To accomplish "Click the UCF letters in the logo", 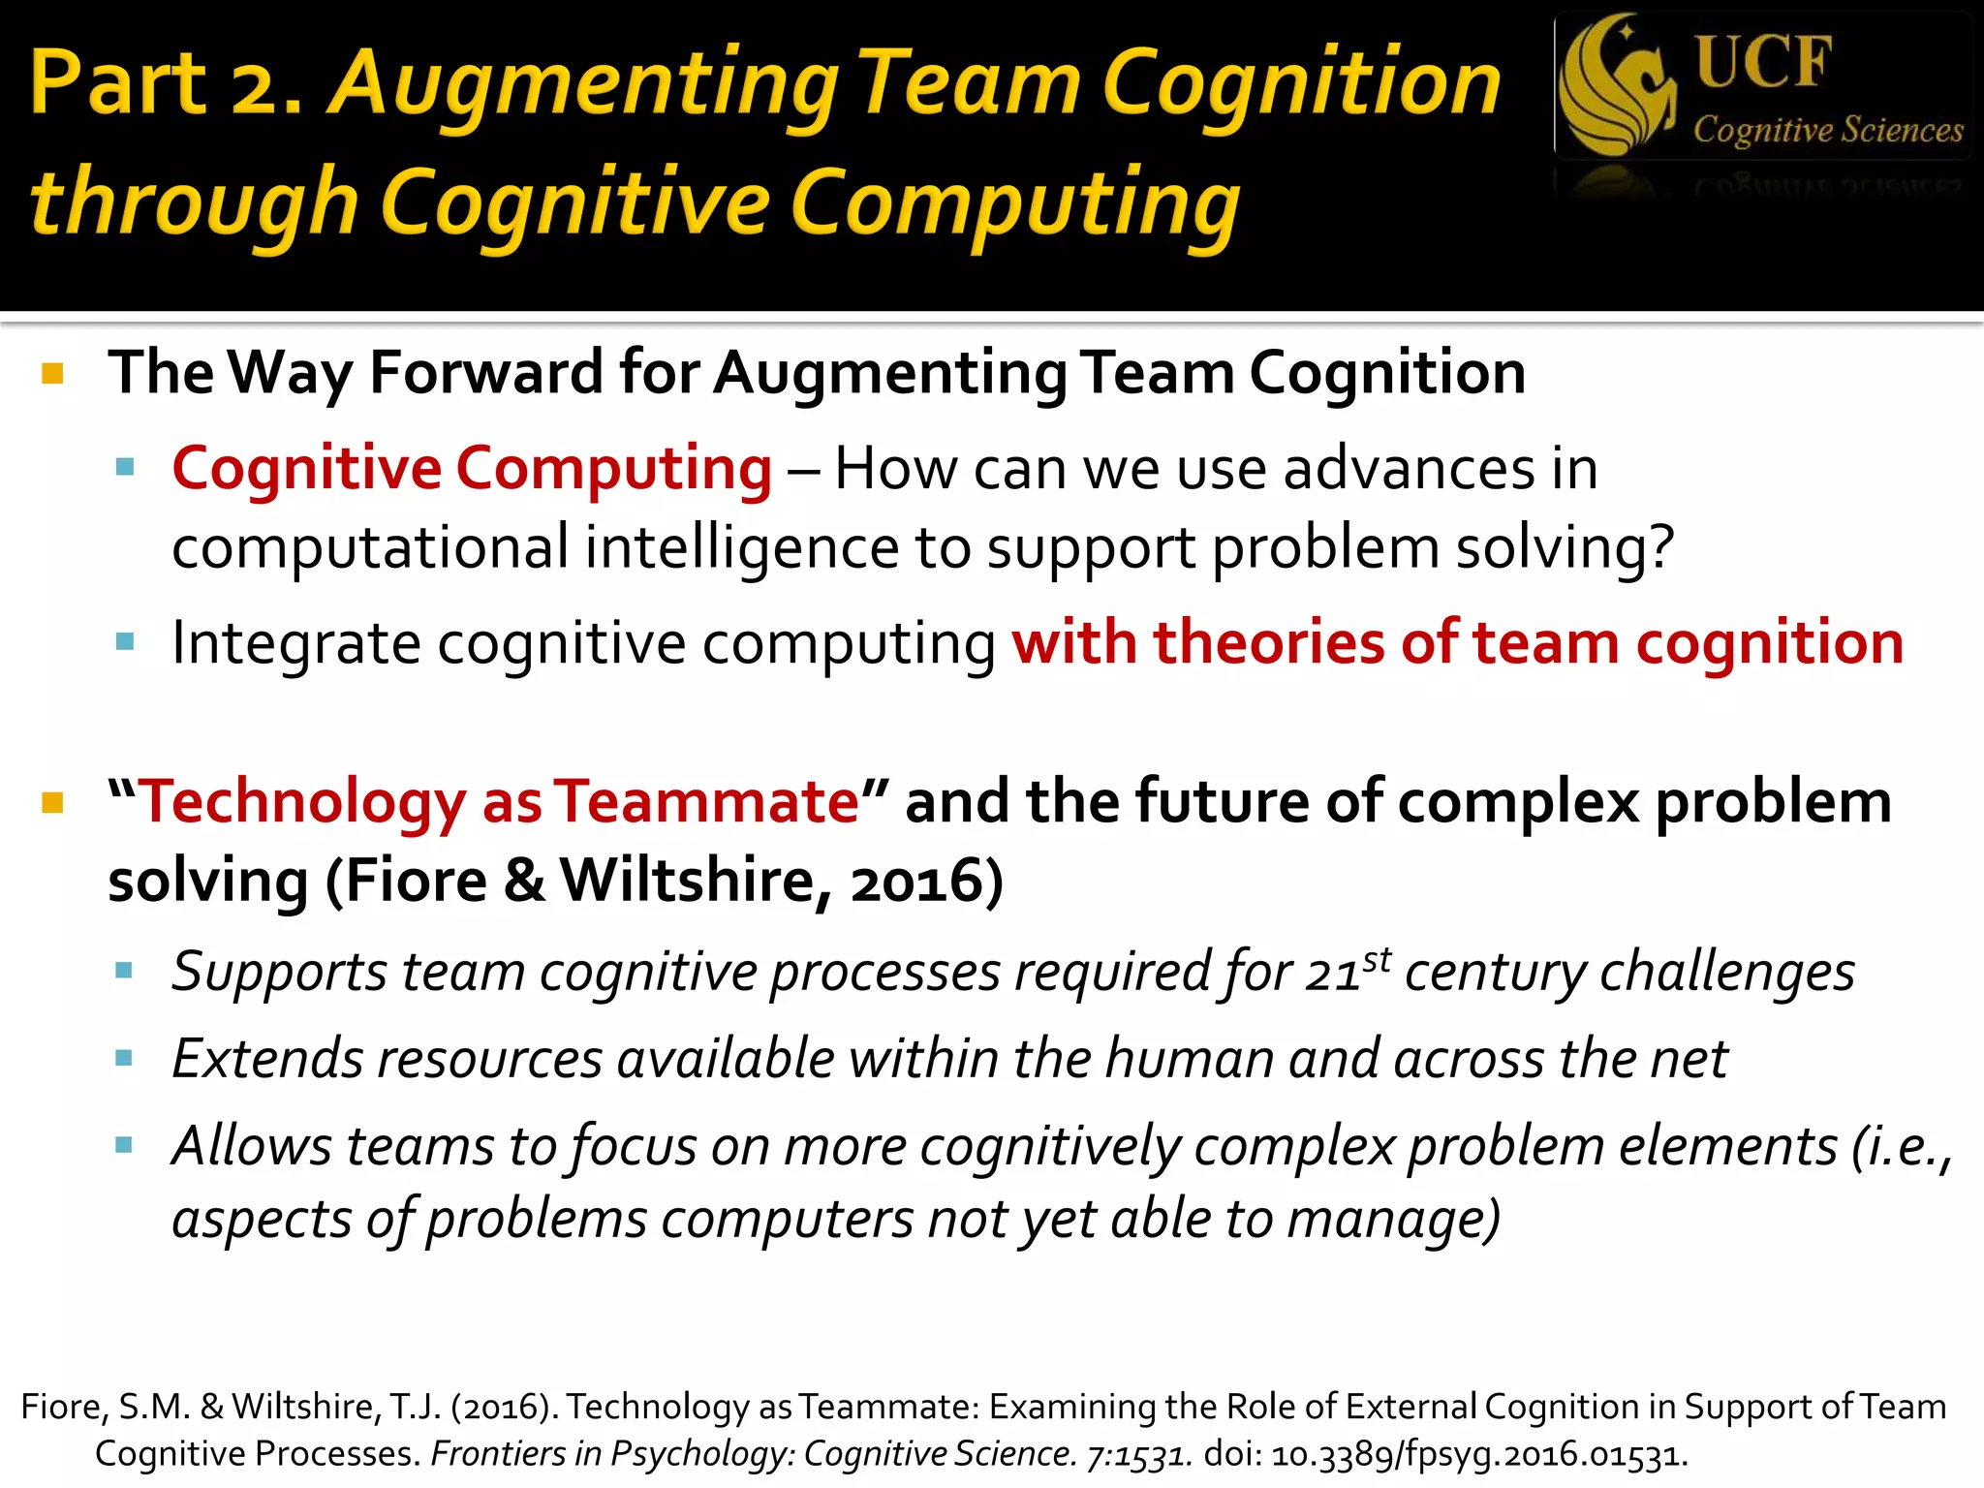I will [1763, 62].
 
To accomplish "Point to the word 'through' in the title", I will [195, 203].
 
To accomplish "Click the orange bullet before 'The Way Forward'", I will [53, 374].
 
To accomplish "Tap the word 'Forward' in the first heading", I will [485, 372].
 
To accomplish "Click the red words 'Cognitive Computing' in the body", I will [472, 469].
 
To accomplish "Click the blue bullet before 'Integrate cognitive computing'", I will [124, 641].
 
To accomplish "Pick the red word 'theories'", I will [1269, 643].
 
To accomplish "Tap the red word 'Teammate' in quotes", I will [706, 802].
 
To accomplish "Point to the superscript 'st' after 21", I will [1377, 960].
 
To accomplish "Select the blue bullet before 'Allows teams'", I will [124, 1146].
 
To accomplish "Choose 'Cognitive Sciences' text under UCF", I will [1828, 130].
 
